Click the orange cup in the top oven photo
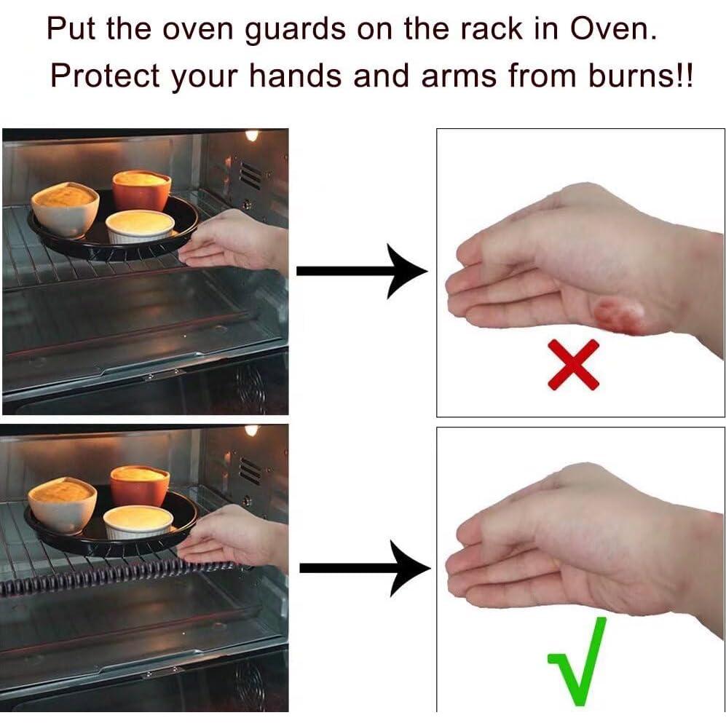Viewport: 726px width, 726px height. [141, 189]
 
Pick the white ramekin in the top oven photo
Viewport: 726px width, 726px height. [140, 225]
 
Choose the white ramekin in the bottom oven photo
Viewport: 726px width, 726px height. [138, 521]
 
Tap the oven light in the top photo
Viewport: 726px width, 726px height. [252, 135]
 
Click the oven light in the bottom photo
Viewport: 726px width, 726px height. [252, 430]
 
